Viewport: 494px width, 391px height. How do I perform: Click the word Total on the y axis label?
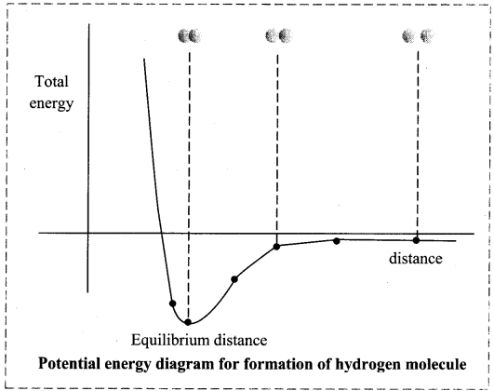tap(51, 81)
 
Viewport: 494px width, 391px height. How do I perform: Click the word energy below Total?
tap(51, 103)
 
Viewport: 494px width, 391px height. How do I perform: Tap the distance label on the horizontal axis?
tap(416, 259)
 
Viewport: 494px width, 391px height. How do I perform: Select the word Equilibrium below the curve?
tap(170, 340)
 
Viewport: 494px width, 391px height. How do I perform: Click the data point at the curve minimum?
tap(188, 322)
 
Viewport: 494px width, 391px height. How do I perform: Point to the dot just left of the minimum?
tap(172, 303)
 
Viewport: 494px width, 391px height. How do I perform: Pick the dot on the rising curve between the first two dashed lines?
tap(234, 279)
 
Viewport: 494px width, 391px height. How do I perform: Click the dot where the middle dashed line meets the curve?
tap(276, 247)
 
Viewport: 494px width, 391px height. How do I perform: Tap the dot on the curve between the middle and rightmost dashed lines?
tap(337, 241)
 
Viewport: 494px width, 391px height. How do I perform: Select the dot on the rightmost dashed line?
tap(416, 240)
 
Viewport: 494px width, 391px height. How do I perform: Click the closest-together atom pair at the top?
tap(190, 36)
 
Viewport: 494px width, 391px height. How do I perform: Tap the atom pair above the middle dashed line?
tap(279, 35)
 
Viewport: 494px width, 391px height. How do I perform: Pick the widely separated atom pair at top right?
tap(418, 36)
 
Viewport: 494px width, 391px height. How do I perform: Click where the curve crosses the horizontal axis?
tap(161, 234)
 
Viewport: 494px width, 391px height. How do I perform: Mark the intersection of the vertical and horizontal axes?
tap(88, 233)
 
